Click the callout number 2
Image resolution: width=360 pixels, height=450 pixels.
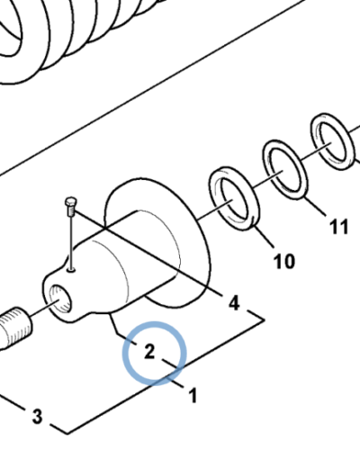coord(149,351)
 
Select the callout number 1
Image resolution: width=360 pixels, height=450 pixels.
coord(193,395)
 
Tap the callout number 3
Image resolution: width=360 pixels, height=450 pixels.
coord(37,416)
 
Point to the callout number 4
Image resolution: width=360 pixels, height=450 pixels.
coord(234,302)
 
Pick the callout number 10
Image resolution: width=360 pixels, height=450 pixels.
coord(284,261)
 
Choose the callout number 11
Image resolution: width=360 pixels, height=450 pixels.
coord(339,226)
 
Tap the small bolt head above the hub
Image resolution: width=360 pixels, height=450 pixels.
coord(71,202)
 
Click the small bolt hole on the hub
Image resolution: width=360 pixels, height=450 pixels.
coord(71,271)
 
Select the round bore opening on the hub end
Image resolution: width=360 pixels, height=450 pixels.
coord(60,299)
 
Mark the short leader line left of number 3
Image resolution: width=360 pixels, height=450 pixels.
coord(13,402)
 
